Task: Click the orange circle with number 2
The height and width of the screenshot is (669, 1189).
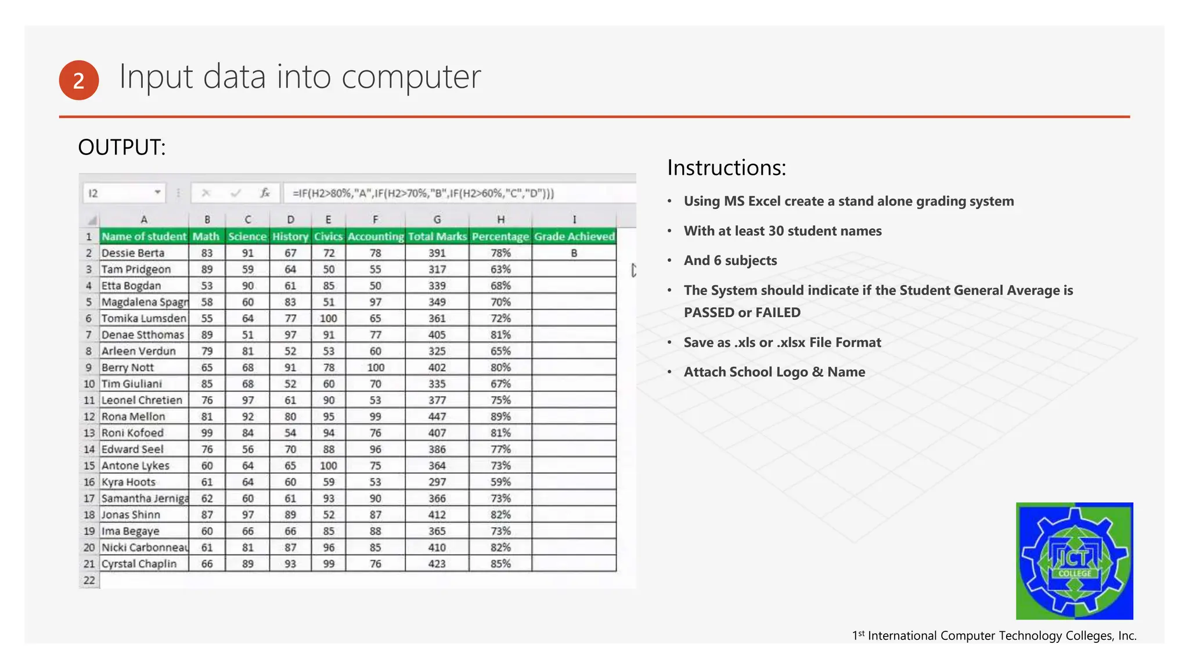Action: click(x=79, y=80)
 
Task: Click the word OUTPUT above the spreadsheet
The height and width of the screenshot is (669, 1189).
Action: click(x=121, y=148)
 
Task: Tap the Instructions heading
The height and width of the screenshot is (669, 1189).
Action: click(x=726, y=168)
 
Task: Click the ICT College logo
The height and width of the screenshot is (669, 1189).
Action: click(x=1074, y=560)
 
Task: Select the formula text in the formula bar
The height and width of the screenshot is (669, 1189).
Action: click(x=423, y=193)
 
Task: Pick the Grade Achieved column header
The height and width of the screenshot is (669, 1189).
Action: click(x=574, y=236)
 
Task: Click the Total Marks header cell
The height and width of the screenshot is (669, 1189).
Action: click(x=437, y=236)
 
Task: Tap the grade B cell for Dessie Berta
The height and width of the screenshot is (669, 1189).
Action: click(x=574, y=253)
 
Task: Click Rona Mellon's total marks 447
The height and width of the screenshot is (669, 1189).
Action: click(x=437, y=416)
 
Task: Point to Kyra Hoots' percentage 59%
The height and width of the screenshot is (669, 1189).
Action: click(x=500, y=482)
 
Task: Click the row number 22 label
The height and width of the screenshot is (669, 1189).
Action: click(x=89, y=580)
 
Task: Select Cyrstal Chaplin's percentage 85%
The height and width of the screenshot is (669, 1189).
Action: click(x=500, y=564)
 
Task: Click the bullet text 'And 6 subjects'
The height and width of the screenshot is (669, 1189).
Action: click(x=730, y=261)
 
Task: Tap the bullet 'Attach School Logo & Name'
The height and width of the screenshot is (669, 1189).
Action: click(x=774, y=372)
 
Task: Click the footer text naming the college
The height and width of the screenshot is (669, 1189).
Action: click(x=994, y=636)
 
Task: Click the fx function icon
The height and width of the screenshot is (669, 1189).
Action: click(x=265, y=193)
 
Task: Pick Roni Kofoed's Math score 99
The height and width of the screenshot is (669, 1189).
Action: click(x=207, y=433)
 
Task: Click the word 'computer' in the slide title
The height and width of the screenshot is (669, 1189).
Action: click(x=411, y=77)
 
